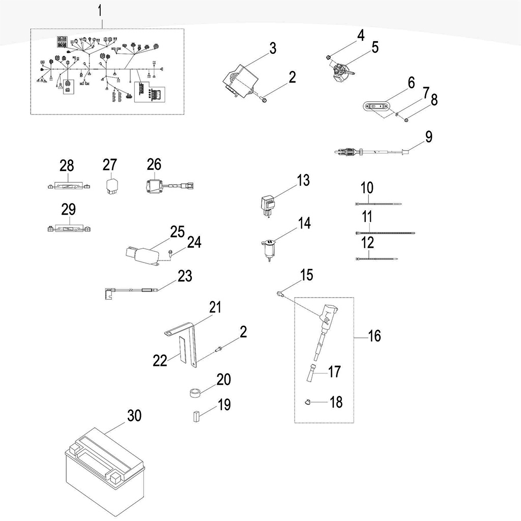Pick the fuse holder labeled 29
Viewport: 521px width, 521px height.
coord(69,229)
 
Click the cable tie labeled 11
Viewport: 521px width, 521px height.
coord(385,233)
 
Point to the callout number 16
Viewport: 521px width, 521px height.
coord(374,336)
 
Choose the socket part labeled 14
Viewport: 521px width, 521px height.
coord(268,249)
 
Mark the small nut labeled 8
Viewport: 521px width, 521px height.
coord(406,120)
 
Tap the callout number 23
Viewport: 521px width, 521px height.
coord(185,276)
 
